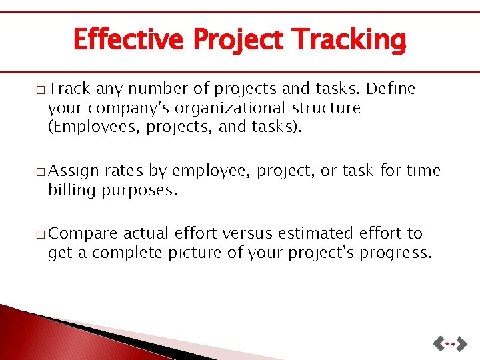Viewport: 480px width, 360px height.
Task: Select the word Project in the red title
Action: click(236, 39)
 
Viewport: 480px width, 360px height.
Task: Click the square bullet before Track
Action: click(41, 89)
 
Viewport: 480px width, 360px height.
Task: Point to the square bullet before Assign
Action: click(41, 172)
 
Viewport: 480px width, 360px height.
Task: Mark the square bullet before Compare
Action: click(41, 235)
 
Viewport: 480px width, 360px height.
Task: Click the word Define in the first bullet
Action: click(391, 89)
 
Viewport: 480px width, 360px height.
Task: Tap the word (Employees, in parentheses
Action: click(90, 127)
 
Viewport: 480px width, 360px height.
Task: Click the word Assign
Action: click(74, 171)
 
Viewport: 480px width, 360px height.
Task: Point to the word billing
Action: click(72, 190)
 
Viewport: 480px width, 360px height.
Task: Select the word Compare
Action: click(83, 234)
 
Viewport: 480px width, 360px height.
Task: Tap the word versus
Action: click(247, 234)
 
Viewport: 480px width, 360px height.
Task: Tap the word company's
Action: click(123, 108)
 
